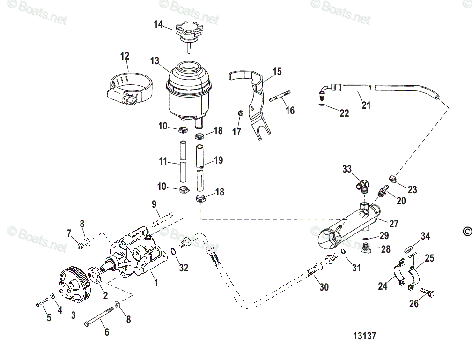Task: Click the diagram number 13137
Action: coord(365,336)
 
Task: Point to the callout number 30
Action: coord(324,287)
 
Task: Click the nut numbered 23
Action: coord(393,178)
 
